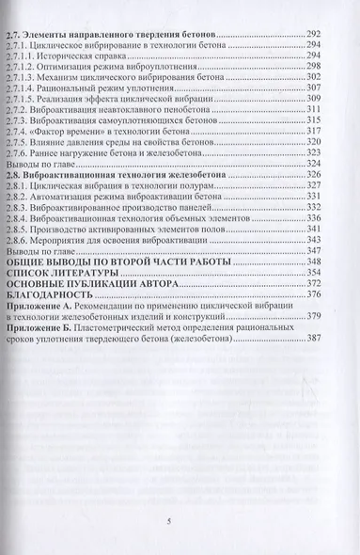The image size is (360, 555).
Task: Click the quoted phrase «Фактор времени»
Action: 94,134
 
